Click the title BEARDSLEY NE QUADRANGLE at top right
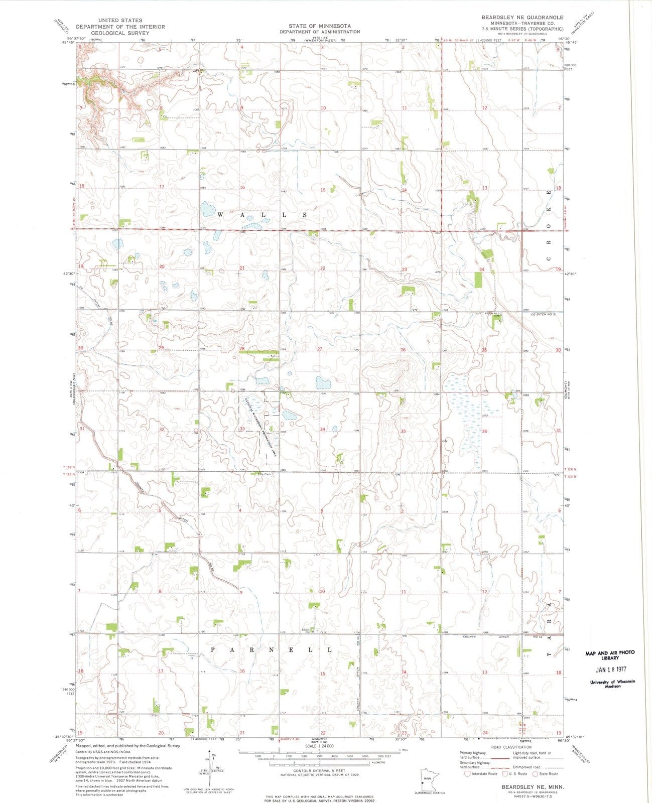pos(522,17)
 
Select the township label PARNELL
pos(271,650)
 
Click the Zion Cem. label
pos(264,474)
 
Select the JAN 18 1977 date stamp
pos(610,670)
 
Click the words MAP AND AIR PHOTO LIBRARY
pos(610,655)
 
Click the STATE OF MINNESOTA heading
pos(319,26)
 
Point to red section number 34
pos(322,429)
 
